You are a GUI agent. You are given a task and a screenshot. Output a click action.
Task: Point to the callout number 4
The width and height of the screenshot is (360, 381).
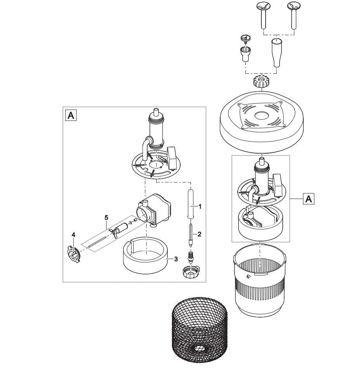tap(73, 234)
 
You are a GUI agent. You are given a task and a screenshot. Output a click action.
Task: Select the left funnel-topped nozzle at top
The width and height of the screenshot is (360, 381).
tap(263, 16)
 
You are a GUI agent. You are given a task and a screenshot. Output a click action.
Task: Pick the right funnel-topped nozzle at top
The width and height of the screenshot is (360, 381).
tap(293, 16)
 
